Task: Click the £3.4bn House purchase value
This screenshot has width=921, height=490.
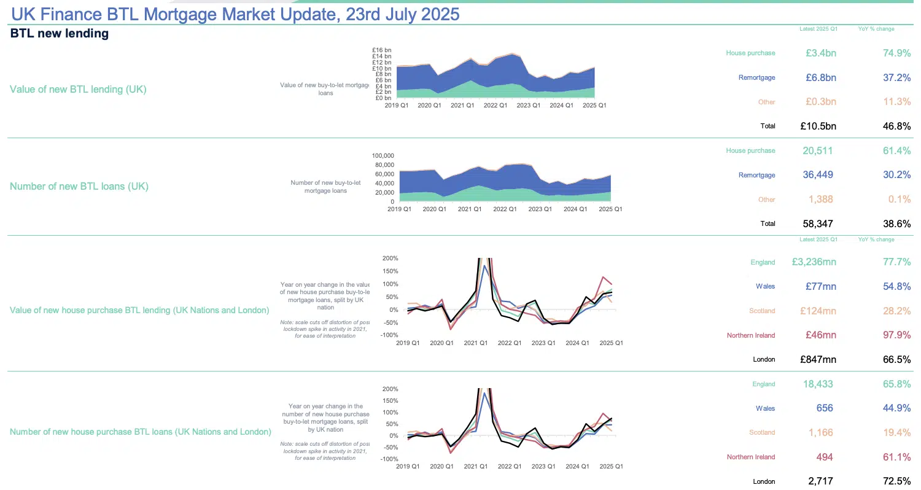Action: click(821, 53)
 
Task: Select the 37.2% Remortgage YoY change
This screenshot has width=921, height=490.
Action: click(896, 77)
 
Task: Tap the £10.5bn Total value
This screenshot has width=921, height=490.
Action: click(818, 126)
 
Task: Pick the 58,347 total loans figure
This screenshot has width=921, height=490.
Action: click(818, 224)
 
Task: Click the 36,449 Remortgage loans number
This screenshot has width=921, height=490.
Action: click(818, 175)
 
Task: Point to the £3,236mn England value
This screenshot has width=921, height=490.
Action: click(814, 262)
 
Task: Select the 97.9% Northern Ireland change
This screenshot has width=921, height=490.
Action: click(896, 335)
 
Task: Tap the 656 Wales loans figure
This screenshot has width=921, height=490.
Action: click(826, 408)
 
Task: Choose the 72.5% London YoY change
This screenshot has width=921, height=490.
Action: click(896, 481)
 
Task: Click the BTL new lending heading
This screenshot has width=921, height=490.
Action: click(60, 34)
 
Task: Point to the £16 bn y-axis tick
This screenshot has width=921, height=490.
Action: click(381, 50)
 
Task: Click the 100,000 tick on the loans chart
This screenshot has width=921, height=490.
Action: click(383, 156)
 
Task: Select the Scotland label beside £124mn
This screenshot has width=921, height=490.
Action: click(762, 311)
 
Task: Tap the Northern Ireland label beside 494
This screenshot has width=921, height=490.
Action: click(751, 457)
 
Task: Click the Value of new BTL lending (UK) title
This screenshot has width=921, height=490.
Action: click(78, 89)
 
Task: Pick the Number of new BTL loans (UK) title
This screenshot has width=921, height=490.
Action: click(79, 186)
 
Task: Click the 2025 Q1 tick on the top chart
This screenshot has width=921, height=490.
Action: click(594, 106)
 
